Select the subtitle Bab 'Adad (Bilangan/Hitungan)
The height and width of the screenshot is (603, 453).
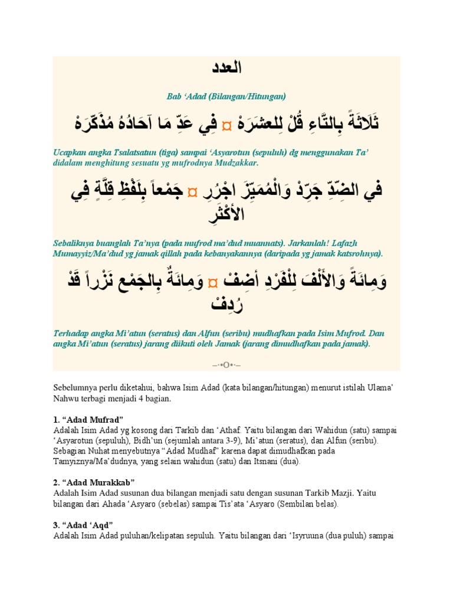(x=226, y=96)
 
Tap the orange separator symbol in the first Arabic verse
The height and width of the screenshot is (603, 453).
(x=226, y=124)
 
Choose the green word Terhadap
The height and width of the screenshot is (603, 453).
(x=71, y=333)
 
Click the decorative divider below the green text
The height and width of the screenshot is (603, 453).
(x=226, y=365)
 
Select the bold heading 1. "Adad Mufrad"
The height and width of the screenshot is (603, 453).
(x=88, y=419)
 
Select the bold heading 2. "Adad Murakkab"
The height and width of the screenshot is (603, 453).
(x=94, y=482)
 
